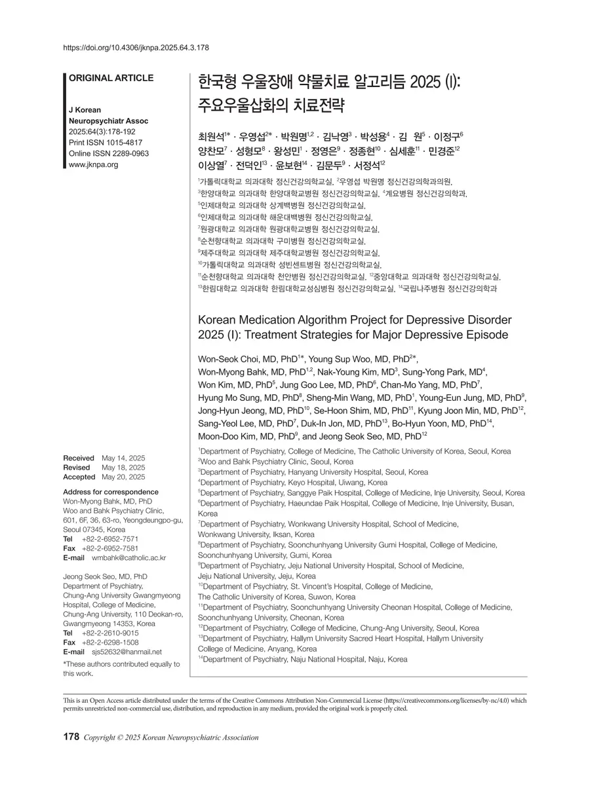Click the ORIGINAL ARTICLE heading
[111, 78]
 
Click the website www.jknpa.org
[93, 164]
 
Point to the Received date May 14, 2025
[123, 457]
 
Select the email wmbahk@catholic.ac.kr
[124, 557]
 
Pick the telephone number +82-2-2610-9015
[110, 633]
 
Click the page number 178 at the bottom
[71, 737]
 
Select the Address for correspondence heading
[110, 491]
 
